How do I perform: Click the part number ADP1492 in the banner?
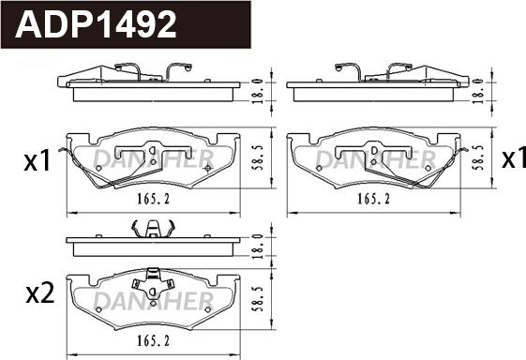click(97, 25)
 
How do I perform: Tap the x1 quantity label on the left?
click(36, 162)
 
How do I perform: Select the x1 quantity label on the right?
click(512, 160)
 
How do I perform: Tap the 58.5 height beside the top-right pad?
click(478, 157)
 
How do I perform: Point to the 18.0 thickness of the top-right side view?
click(478, 89)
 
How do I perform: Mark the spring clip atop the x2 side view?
click(150, 228)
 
